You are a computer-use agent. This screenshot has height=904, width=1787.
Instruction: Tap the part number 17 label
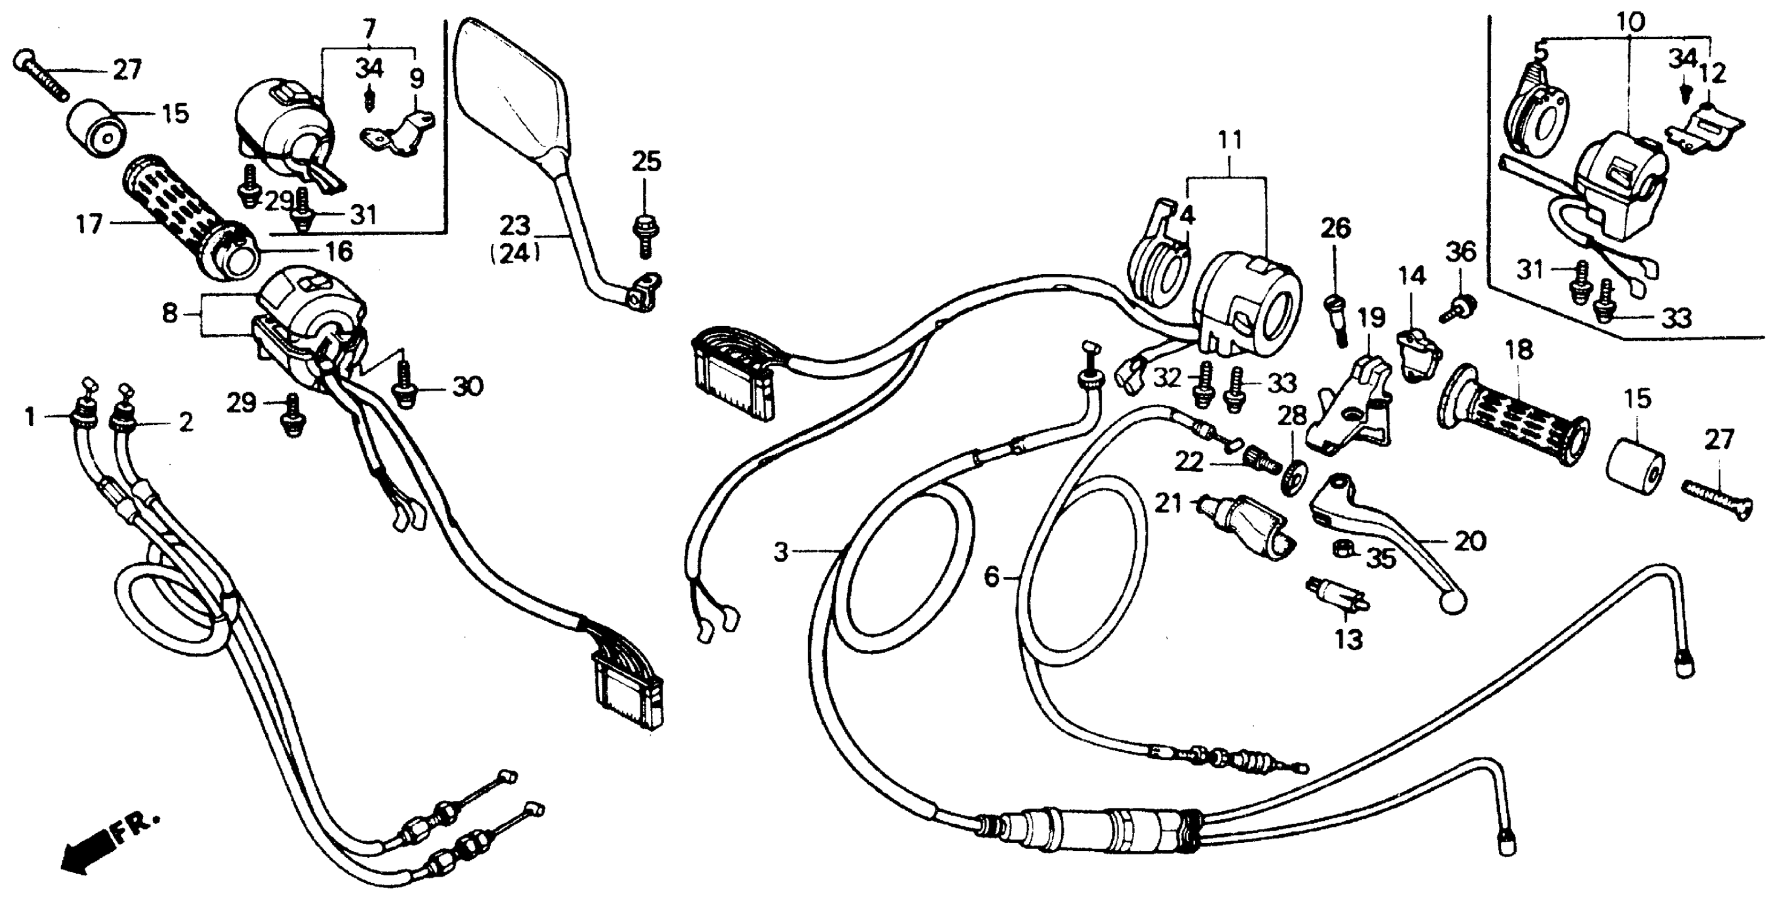pos(89,225)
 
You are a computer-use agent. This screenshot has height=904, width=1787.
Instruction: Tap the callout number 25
pos(646,162)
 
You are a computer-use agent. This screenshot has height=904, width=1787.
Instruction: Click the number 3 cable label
pos(782,553)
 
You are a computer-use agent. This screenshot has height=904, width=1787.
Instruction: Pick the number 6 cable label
pos(993,576)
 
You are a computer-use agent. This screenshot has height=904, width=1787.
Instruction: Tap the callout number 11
pos(1230,140)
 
